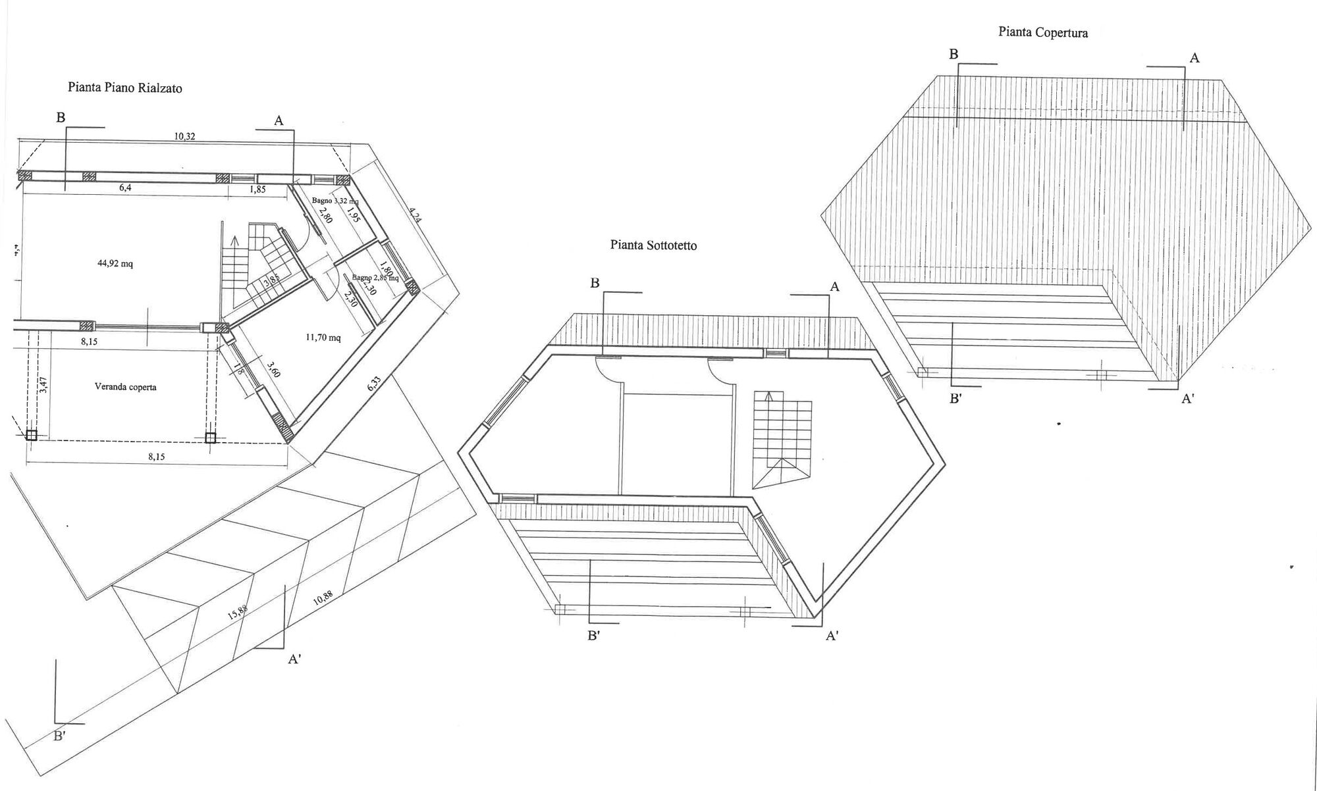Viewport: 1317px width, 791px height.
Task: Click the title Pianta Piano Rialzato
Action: point(124,88)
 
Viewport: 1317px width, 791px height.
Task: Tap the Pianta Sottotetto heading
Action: point(653,245)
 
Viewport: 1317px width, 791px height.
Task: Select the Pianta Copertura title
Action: point(1042,32)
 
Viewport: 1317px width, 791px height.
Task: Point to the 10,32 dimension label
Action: point(184,136)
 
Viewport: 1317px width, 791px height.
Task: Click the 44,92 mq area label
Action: point(115,264)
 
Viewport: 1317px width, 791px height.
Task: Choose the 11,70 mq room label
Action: point(323,338)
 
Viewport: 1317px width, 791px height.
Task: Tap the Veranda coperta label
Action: point(125,387)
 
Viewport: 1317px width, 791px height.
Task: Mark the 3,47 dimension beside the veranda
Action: point(44,385)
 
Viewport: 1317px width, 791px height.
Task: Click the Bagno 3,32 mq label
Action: point(336,200)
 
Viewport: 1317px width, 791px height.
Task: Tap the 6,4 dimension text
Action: point(126,188)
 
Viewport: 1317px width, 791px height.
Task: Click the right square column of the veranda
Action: point(211,438)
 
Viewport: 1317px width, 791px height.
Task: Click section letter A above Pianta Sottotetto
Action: point(834,287)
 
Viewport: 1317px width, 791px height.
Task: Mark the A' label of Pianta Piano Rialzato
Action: point(294,659)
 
